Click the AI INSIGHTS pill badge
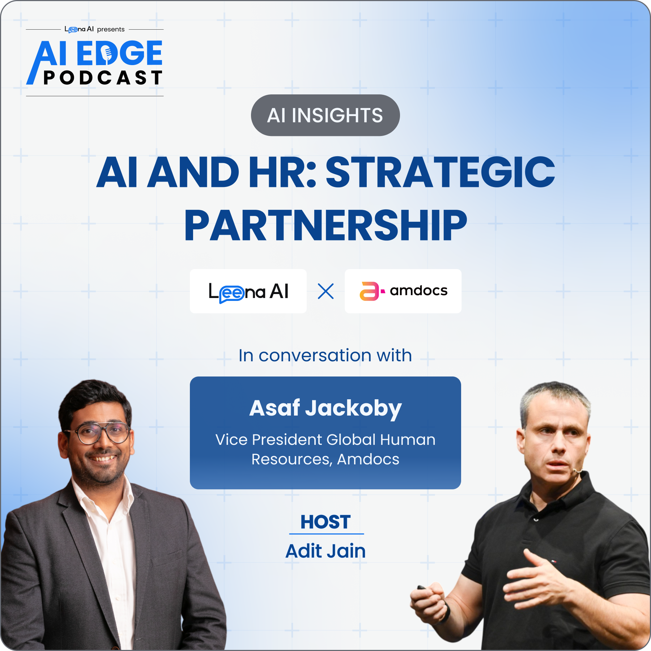[x=325, y=115]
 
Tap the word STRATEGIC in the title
[x=440, y=172]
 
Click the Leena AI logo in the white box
[x=248, y=292]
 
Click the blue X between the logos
[x=325, y=291]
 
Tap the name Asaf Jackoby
[x=325, y=409]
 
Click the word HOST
[x=325, y=522]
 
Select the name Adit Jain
[x=325, y=551]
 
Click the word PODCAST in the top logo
[x=103, y=78]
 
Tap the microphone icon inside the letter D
[x=107, y=54]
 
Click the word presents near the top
[x=111, y=29]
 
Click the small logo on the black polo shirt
[x=553, y=561]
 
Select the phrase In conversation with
[x=325, y=356]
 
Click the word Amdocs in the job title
[x=368, y=459]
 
